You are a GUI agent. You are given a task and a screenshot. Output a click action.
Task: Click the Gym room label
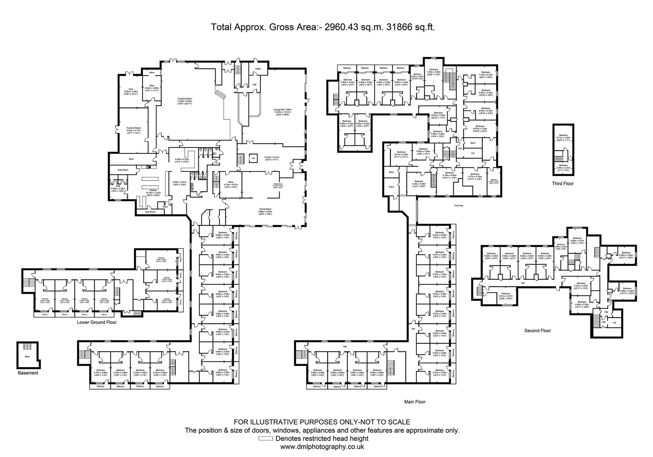131,89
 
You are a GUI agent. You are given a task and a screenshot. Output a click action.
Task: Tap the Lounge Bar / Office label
283,110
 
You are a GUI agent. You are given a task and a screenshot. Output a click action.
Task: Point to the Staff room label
118,186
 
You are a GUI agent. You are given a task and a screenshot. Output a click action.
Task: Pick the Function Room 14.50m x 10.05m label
185,99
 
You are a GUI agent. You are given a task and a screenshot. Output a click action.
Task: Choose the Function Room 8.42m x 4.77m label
133,128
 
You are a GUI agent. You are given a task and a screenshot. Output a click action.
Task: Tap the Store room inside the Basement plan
27,357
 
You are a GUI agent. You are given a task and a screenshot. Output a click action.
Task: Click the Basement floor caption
28,373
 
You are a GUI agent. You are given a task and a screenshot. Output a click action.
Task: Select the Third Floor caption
563,184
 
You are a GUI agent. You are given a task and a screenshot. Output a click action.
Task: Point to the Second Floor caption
537,331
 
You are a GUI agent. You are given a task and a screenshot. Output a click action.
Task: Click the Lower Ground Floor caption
97,322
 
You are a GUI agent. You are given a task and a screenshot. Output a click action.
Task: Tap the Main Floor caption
415,402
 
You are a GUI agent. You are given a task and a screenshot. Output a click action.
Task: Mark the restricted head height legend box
266,439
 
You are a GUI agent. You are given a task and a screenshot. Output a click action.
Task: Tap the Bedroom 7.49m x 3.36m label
434,70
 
